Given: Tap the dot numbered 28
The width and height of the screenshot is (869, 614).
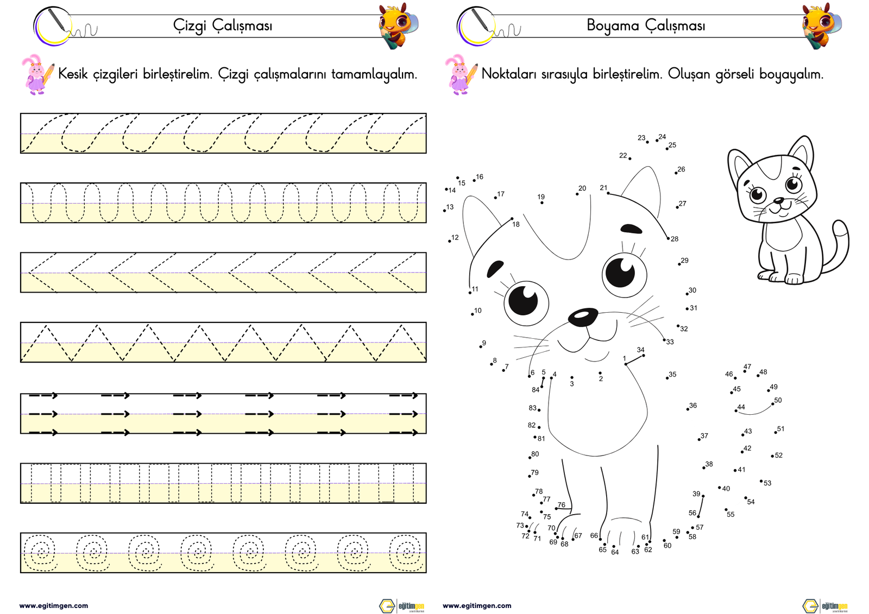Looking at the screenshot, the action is click(x=668, y=238).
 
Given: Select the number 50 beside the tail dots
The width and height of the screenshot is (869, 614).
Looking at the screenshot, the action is click(x=777, y=400).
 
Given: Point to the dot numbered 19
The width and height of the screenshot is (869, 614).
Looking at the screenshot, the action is click(x=541, y=202).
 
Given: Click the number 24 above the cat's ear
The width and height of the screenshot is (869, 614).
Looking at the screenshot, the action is click(x=662, y=136).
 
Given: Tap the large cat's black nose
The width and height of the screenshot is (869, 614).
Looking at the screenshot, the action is click(x=583, y=317).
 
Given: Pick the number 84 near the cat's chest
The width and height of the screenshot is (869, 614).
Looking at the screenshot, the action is click(x=536, y=390).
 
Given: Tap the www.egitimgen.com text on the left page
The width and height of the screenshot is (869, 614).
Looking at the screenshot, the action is click(x=54, y=605).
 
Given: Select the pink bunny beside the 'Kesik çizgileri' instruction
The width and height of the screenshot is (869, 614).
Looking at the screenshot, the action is click(x=37, y=74).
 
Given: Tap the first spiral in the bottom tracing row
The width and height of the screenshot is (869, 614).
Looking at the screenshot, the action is click(x=40, y=552).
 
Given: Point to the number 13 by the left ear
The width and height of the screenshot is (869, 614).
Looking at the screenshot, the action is click(x=450, y=207).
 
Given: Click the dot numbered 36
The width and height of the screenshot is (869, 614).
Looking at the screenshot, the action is click(x=688, y=409).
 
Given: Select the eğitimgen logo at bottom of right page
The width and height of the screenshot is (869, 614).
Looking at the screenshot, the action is click(x=825, y=606).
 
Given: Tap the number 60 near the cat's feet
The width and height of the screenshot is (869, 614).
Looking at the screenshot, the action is click(x=668, y=546).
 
